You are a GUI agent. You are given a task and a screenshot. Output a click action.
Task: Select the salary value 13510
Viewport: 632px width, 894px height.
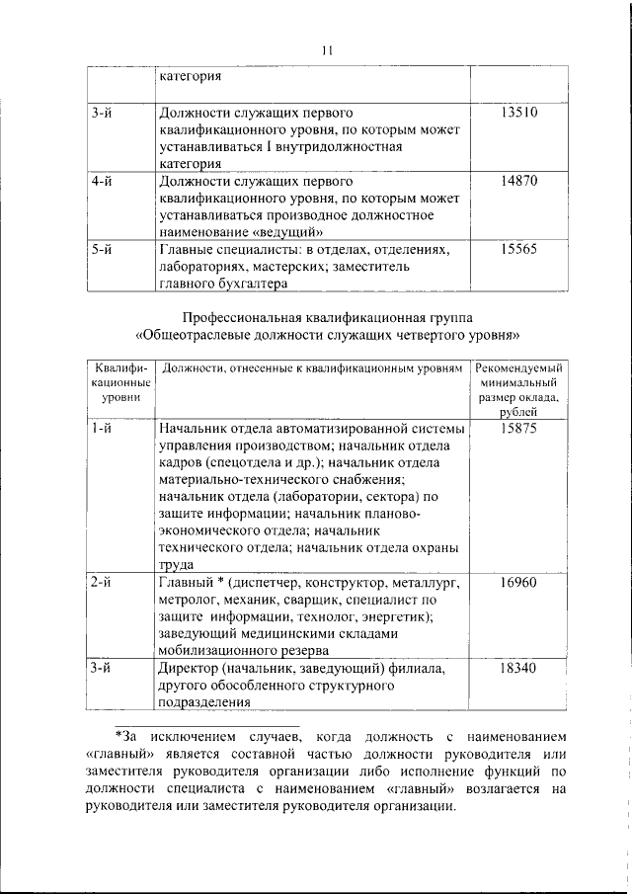pyautogui.click(x=518, y=113)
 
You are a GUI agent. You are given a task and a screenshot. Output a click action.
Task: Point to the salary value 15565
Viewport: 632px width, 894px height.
pyautogui.click(x=518, y=250)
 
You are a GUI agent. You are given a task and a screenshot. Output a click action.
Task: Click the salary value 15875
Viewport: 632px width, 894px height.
pyautogui.click(x=518, y=430)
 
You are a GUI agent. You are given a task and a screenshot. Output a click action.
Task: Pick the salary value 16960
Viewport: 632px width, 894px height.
pyautogui.click(x=518, y=583)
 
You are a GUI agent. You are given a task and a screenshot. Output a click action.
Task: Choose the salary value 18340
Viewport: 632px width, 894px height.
pyautogui.click(x=518, y=668)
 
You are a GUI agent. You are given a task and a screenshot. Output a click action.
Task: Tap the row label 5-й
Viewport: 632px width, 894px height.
pyautogui.click(x=100, y=250)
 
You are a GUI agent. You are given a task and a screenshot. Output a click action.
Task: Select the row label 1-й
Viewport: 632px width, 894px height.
pyautogui.click(x=100, y=430)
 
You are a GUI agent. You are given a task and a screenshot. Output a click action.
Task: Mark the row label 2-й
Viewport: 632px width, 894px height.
pyautogui.click(x=100, y=583)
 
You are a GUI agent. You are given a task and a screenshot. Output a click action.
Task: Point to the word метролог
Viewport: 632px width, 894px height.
pyautogui.click(x=186, y=600)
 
